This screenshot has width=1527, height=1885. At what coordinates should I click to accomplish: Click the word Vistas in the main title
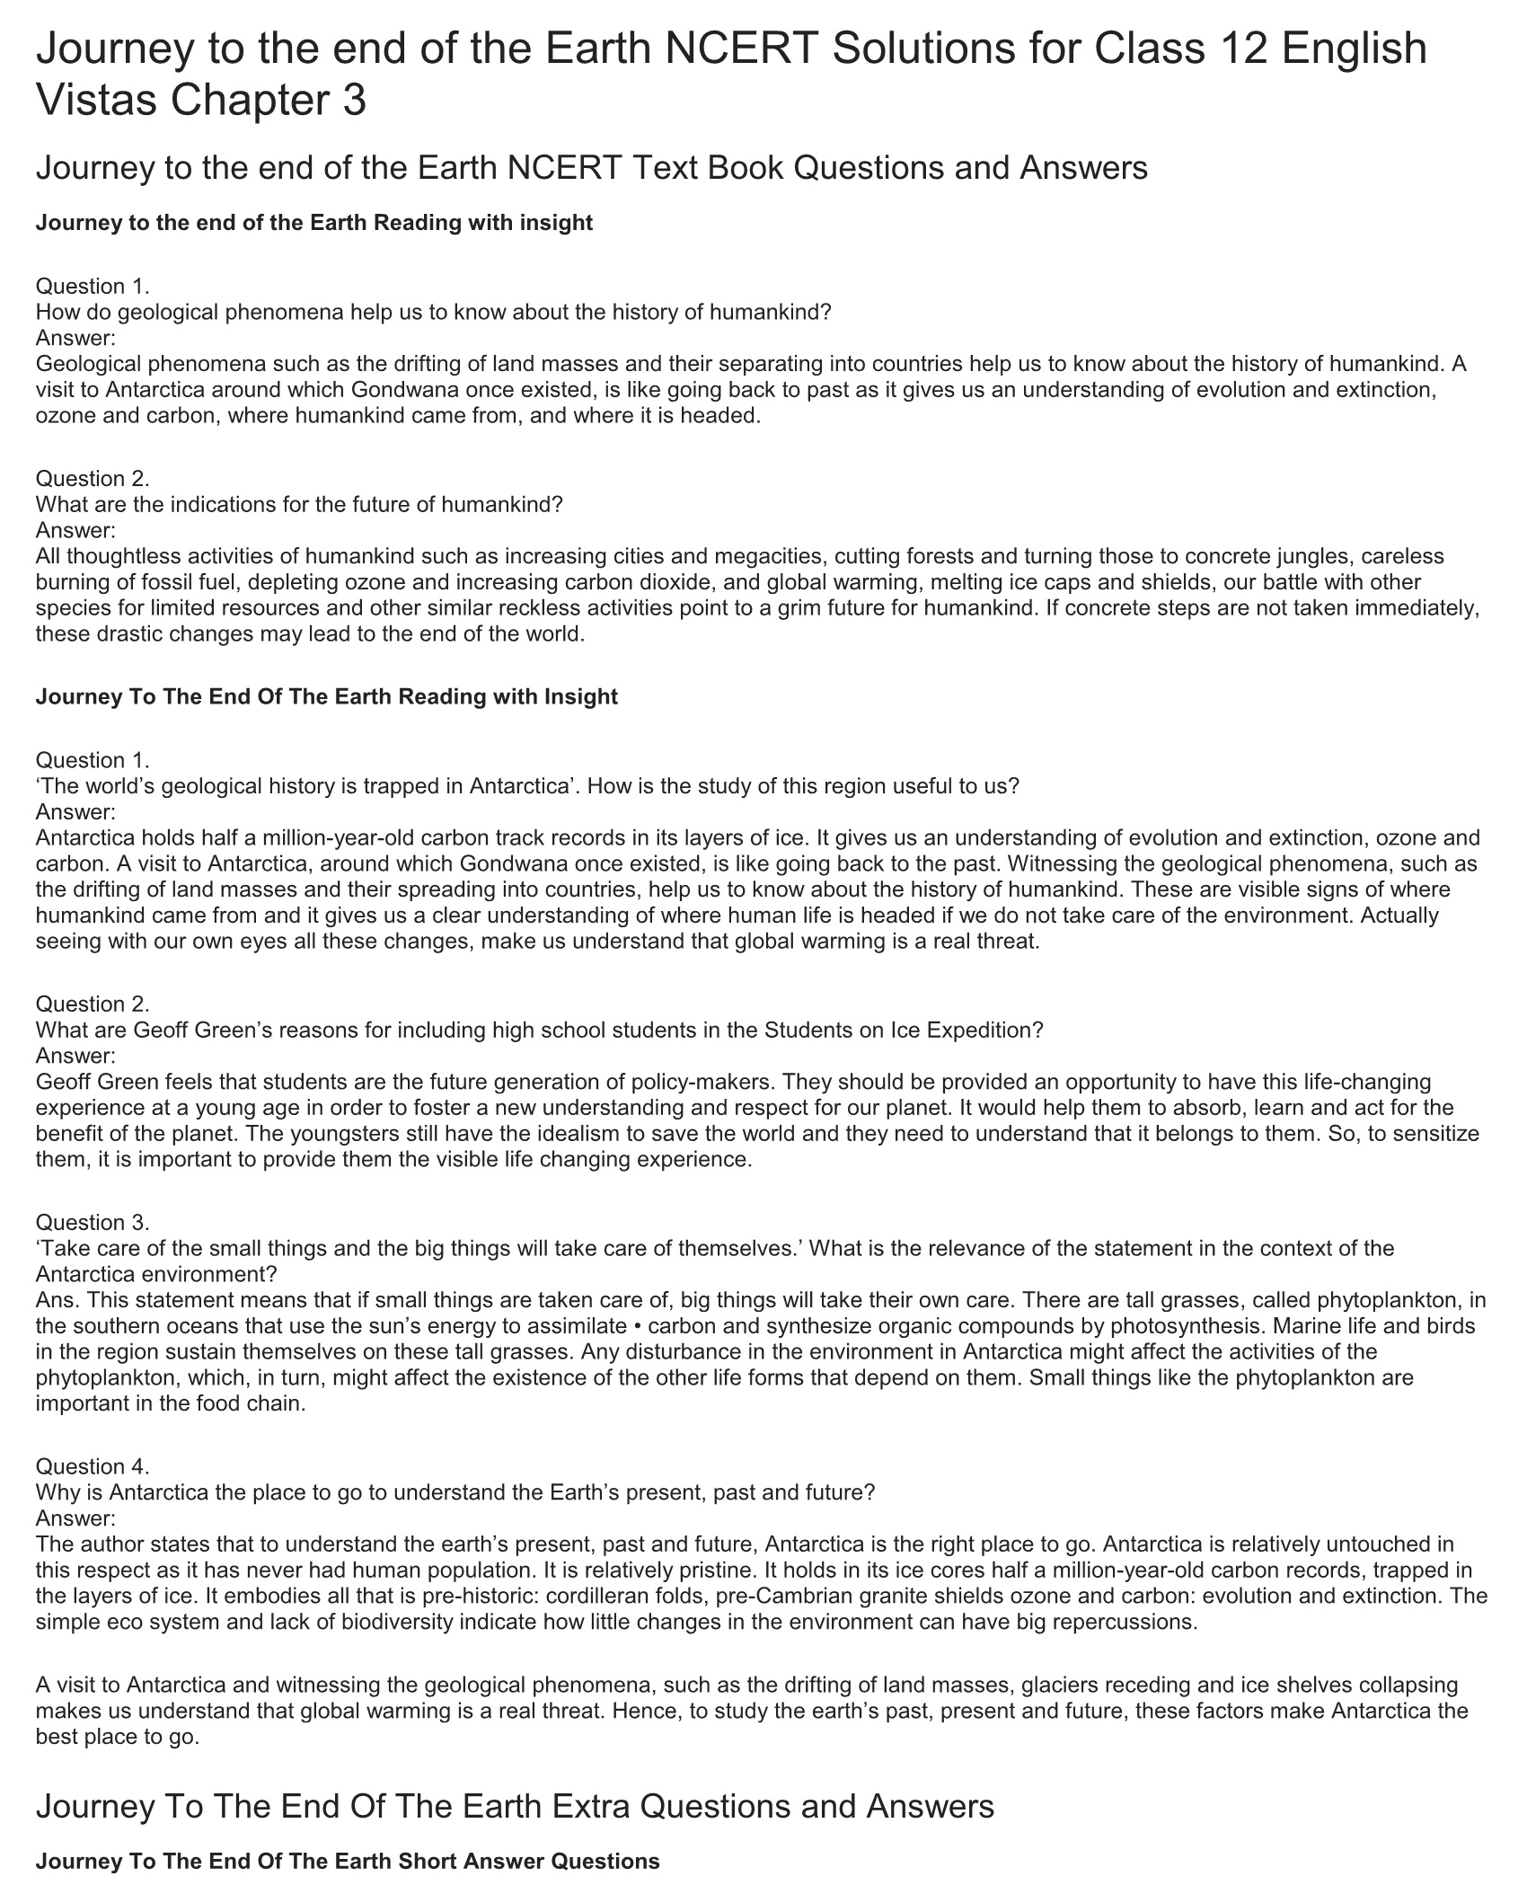[95, 99]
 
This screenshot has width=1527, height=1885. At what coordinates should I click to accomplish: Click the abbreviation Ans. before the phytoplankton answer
[56, 1300]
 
